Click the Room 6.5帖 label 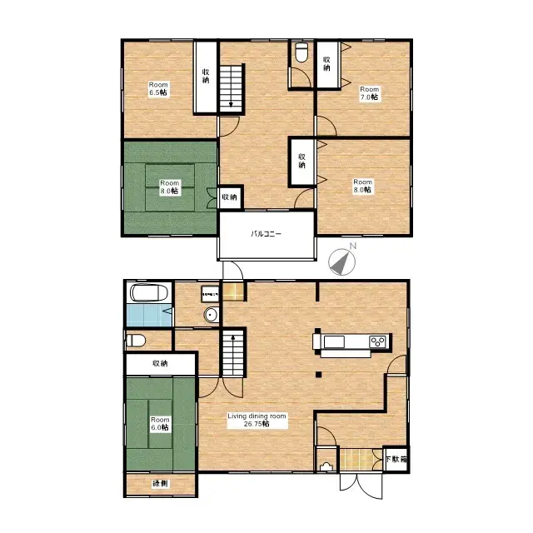(158, 88)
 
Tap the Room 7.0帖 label (369, 92)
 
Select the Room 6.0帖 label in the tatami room (159, 423)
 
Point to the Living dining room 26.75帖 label (257, 419)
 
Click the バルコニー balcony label (266, 234)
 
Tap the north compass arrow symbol (342, 262)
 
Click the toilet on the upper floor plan (301, 54)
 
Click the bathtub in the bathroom (150, 292)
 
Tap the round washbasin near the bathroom (212, 315)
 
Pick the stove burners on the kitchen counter (377, 341)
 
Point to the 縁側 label (159, 484)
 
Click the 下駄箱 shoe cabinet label (396, 459)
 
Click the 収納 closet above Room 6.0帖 (160, 363)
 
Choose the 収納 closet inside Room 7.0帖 (326, 63)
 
